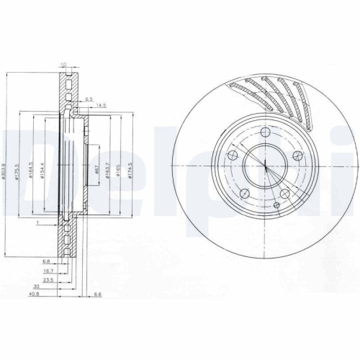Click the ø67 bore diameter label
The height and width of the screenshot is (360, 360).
96,171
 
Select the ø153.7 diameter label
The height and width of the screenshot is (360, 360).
108,171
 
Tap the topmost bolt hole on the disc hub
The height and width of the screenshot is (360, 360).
265,132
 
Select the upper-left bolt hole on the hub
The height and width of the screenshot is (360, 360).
233,154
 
